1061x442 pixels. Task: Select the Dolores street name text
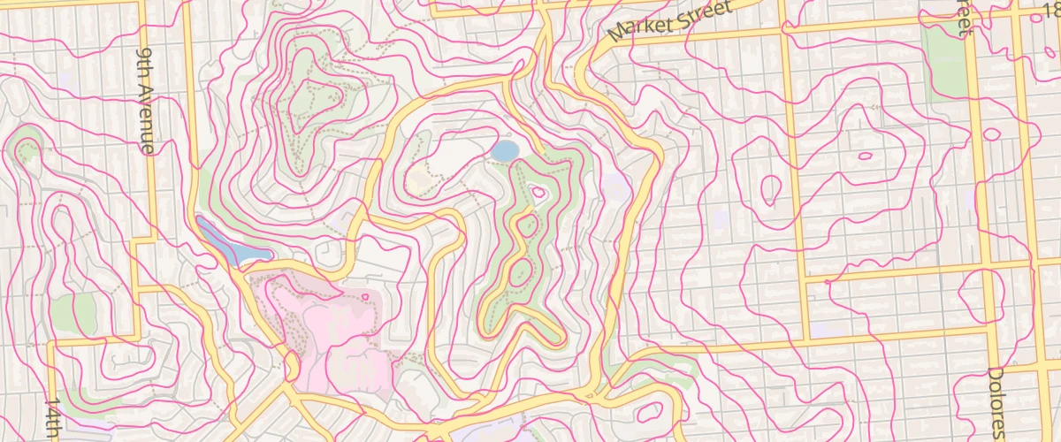tap(996, 402)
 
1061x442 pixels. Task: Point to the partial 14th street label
tap(53, 419)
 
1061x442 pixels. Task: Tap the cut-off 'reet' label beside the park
tap(964, 18)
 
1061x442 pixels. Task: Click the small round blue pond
tap(504, 151)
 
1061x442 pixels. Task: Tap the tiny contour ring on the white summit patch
tap(538, 192)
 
